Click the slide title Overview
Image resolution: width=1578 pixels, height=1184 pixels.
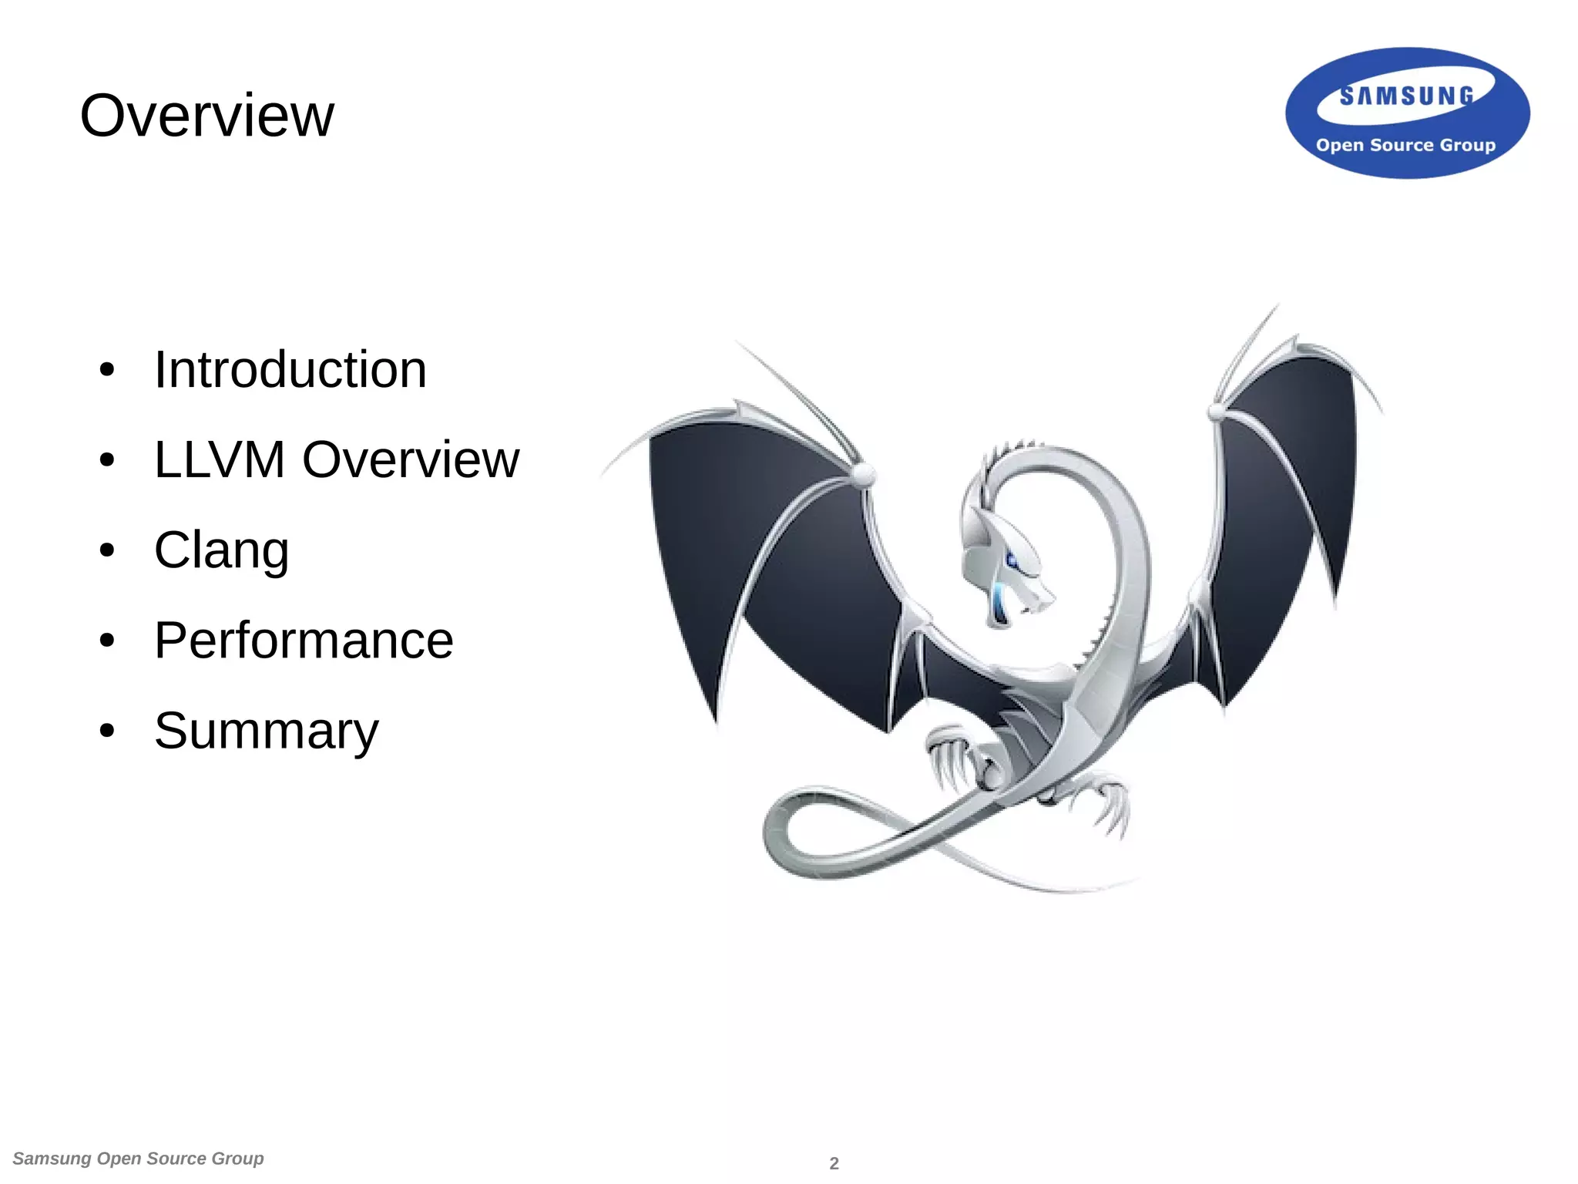[x=206, y=116]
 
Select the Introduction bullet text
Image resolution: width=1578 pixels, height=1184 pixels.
[x=290, y=370]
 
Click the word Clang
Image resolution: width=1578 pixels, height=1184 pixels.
[x=221, y=550]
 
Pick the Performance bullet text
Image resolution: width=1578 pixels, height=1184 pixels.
[x=304, y=641]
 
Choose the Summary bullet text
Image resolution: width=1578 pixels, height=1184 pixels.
[x=266, y=731]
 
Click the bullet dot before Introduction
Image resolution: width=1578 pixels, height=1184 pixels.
[x=107, y=370]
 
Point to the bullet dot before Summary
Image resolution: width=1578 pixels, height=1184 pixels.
[x=107, y=731]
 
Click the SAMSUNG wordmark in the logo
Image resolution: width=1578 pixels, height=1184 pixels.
[x=1407, y=96]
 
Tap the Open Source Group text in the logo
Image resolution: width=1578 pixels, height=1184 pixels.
[x=1405, y=145]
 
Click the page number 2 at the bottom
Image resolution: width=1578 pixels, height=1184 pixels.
[x=834, y=1163]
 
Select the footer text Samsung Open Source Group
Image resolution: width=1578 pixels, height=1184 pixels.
[x=139, y=1159]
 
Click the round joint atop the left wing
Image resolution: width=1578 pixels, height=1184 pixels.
[x=864, y=473]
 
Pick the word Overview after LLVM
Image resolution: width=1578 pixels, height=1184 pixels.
[x=411, y=460]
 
